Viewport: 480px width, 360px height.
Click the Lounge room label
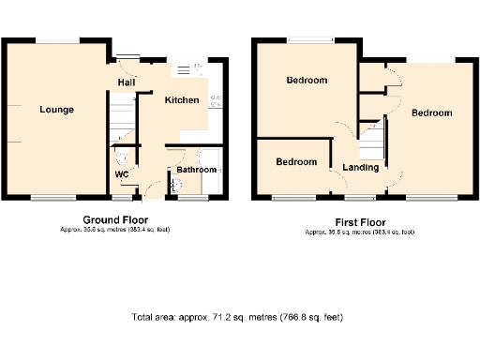pos(56,110)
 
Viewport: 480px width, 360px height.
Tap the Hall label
pos(125,83)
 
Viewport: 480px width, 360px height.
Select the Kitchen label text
pos(181,99)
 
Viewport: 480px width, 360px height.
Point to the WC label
pos(122,174)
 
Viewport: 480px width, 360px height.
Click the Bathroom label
pos(198,170)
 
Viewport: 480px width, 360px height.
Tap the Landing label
pos(361,168)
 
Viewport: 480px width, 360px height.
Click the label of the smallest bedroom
pos(295,161)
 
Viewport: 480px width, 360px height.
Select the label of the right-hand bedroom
pos(432,112)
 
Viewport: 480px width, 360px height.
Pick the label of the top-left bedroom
pos(307,81)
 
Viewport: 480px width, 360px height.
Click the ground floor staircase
pos(119,121)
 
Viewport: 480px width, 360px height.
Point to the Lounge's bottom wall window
pos(53,198)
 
